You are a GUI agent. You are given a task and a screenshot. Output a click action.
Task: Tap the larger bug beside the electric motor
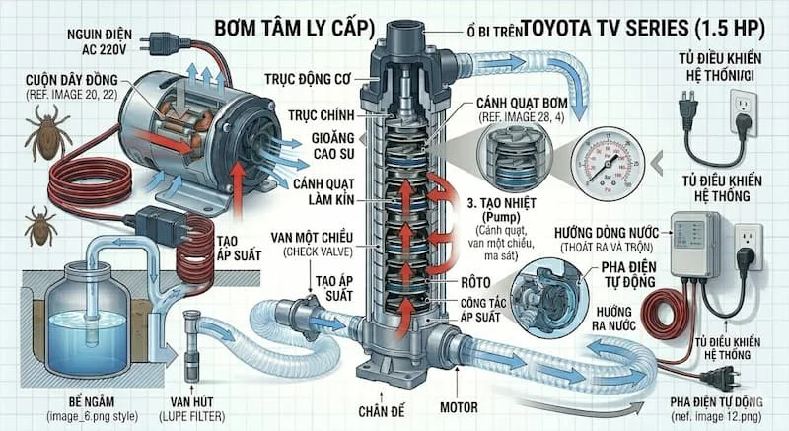tap(47, 136)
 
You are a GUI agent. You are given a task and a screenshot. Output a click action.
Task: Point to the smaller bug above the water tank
tap(41, 225)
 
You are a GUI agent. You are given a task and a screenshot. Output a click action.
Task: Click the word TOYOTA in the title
tap(559, 22)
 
